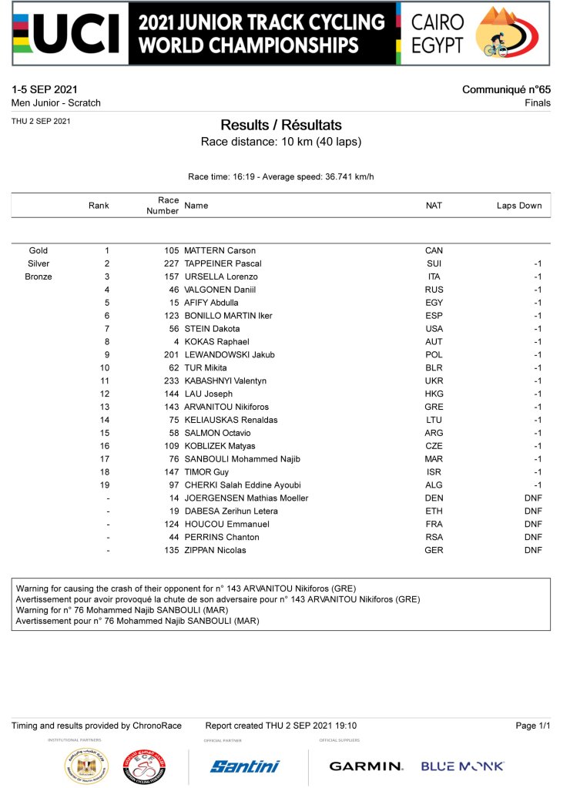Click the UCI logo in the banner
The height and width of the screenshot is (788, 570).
(69, 33)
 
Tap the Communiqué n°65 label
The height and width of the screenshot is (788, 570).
(506, 90)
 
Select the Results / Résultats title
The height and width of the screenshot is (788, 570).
(280, 126)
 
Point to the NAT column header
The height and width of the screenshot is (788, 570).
(434, 206)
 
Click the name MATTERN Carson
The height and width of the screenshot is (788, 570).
(220, 250)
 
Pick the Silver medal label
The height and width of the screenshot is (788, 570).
(39, 263)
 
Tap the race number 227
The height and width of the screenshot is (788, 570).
(171, 263)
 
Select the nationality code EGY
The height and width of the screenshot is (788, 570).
(434, 303)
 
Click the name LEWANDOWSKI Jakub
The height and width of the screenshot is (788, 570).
(230, 354)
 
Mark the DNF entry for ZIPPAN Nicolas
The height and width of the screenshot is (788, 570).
(533, 550)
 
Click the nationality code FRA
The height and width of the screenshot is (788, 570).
(434, 524)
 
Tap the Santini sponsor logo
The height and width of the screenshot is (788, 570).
(245, 766)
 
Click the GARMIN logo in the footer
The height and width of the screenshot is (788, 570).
(366, 766)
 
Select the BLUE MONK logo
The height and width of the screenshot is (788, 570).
(462, 766)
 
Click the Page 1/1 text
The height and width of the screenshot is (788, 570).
(533, 726)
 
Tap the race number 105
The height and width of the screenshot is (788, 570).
(171, 250)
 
